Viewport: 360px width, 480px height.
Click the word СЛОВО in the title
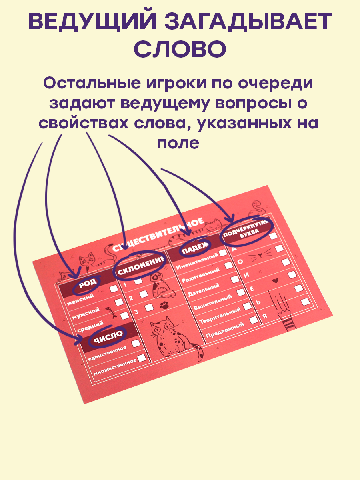(x=180, y=49)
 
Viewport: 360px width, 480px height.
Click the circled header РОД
(x=87, y=284)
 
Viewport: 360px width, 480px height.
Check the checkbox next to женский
(x=114, y=289)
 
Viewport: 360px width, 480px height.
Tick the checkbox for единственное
(x=136, y=343)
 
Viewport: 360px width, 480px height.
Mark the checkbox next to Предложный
(x=253, y=320)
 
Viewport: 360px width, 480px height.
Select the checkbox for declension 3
(x=148, y=307)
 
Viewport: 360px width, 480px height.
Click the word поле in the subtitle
(x=178, y=142)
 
